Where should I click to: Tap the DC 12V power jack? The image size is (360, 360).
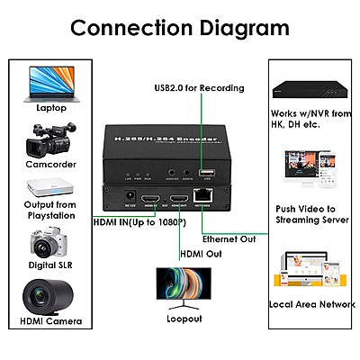coord(129,196)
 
